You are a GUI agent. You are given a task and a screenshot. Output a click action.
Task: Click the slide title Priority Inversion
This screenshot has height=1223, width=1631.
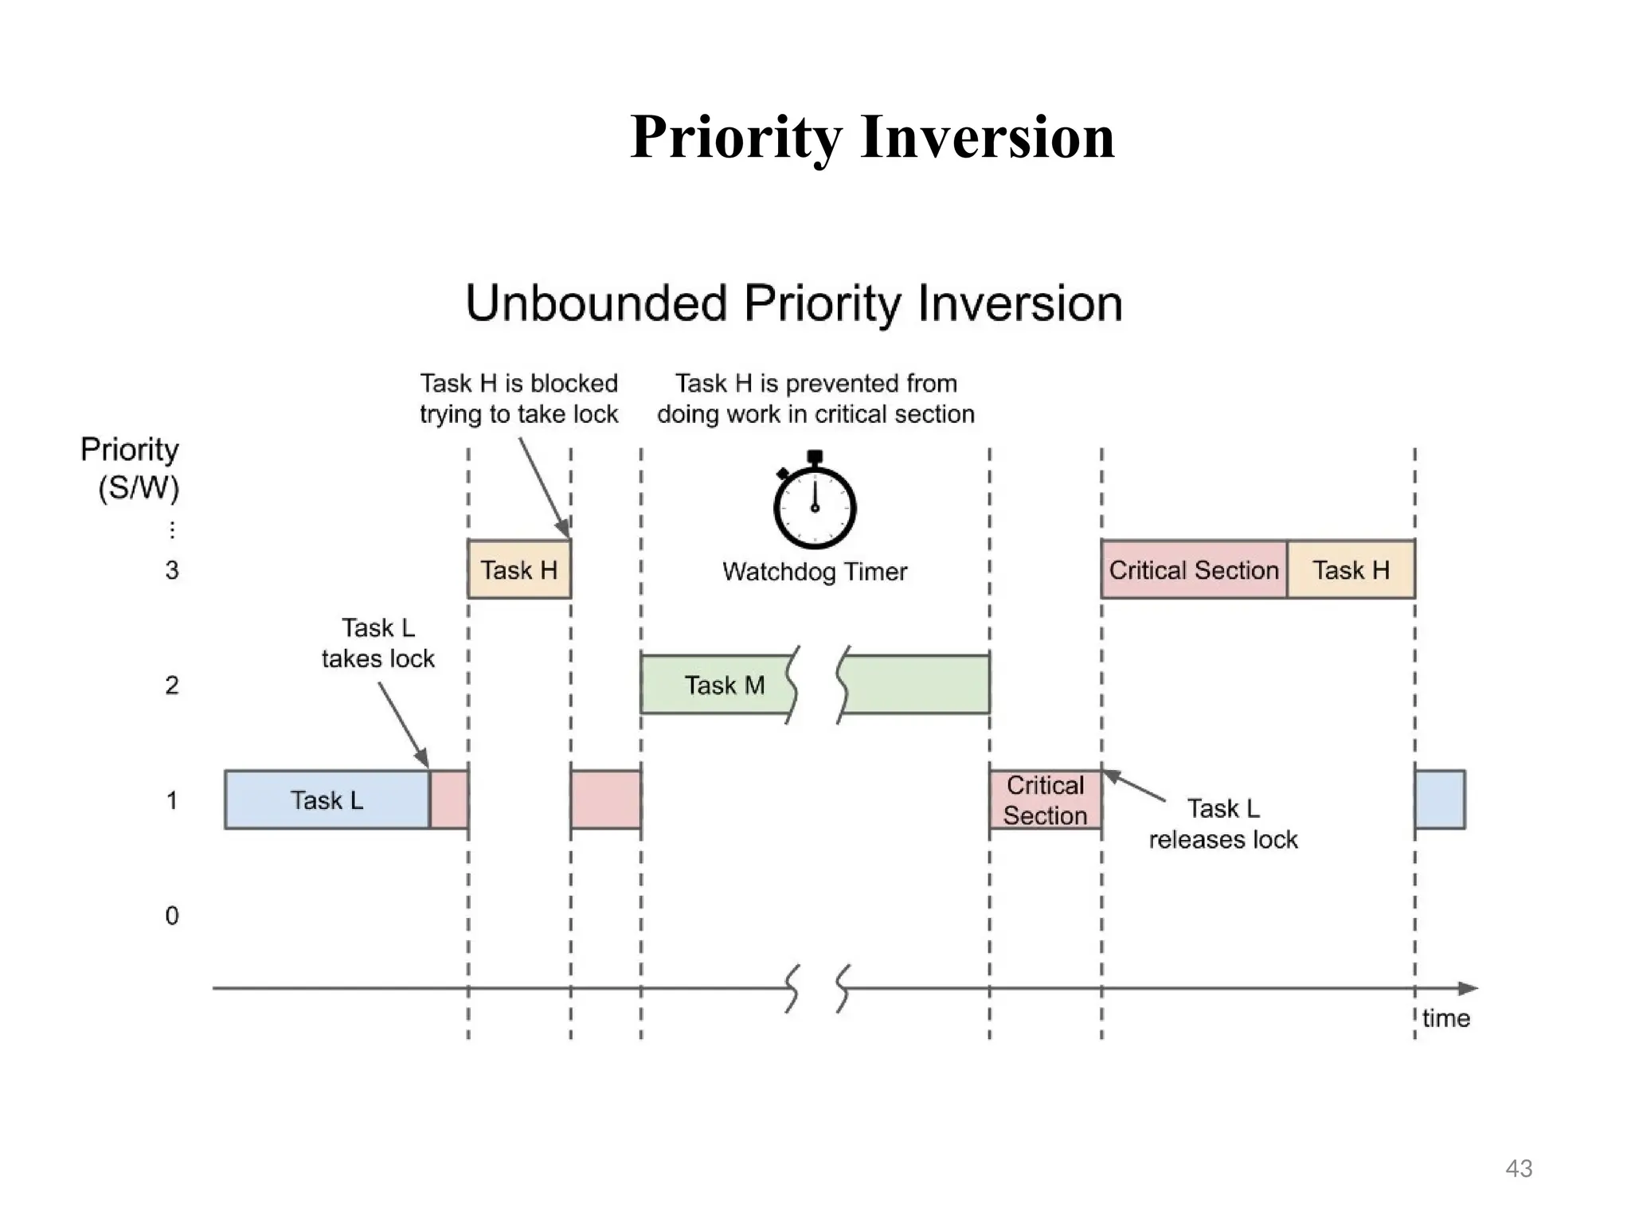(x=872, y=137)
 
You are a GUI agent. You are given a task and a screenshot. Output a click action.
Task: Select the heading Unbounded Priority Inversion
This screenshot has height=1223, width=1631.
(x=794, y=303)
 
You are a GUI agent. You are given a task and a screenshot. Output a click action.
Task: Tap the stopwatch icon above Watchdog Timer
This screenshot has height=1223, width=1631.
(x=815, y=503)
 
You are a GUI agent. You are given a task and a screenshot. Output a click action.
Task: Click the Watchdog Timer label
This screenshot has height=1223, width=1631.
(x=815, y=572)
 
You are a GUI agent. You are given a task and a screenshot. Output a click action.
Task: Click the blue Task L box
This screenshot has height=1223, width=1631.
(x=327, y=799)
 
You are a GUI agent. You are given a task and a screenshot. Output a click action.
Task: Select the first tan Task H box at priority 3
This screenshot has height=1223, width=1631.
(x=519, y=570)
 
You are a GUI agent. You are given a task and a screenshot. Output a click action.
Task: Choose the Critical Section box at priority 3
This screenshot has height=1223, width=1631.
(x=1193, y=570)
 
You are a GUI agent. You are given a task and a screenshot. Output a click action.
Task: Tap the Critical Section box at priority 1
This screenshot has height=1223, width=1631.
(x=1045, y=800)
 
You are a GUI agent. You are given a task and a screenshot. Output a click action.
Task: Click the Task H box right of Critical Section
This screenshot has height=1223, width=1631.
(x=1351, y=570)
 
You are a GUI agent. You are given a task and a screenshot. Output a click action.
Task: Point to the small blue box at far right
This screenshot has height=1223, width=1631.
(x=1440, y=799)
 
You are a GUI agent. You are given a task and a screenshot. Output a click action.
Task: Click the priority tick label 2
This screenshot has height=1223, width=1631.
(x=172, y=686)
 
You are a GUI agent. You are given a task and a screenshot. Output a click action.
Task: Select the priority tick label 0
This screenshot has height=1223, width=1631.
(x=172, y=916)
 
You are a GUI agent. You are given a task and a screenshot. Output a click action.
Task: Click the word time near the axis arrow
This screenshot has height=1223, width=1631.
(x=1445, y=1018)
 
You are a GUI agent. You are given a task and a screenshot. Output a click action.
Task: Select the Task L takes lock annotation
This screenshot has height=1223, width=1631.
(x=378, y=643)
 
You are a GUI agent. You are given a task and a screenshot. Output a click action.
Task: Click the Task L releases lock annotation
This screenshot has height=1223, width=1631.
(x=1223, y=824)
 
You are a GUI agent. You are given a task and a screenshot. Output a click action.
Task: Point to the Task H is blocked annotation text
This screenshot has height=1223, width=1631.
(x=519, y=399)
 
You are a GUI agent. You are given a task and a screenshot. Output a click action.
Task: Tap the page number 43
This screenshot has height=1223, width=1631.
(x=1519, y=1168)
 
